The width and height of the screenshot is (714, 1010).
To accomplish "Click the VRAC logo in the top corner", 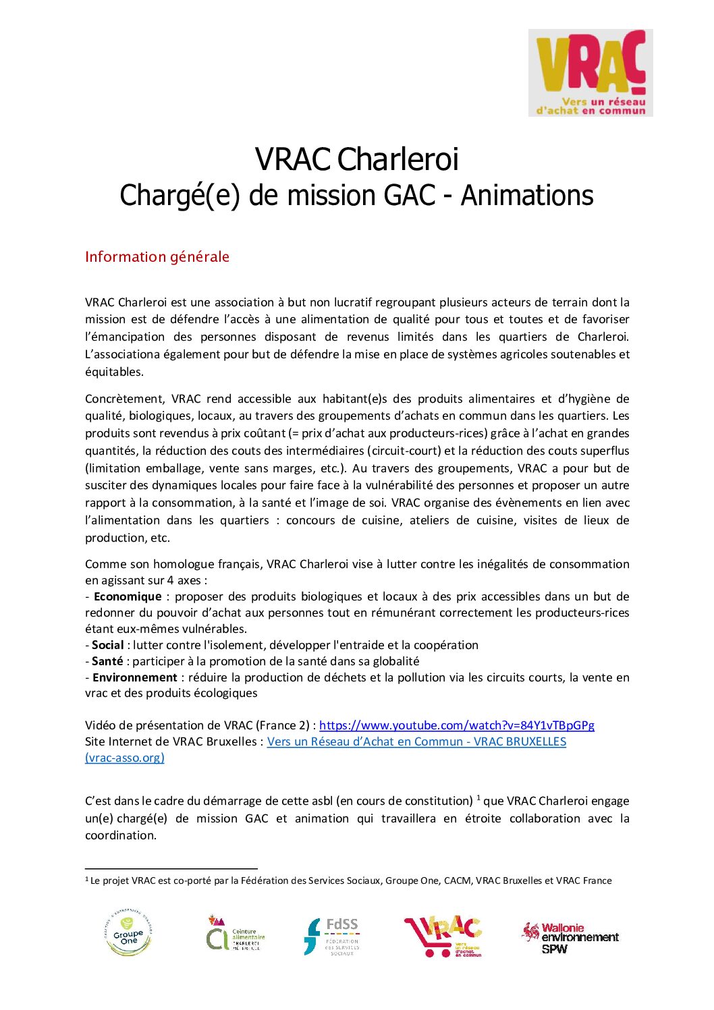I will [x=591, y=73].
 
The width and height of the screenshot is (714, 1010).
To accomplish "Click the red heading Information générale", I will [x=157, y=257].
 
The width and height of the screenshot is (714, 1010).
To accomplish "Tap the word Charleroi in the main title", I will [x=397, y=160].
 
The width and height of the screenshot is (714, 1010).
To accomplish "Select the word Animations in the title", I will [x=527, y=196].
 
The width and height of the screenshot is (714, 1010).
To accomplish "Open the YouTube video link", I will [x=456, y=725].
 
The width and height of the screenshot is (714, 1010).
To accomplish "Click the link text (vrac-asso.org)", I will [x=125, y=758].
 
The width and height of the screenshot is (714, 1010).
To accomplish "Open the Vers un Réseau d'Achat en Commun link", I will [x=416, y=741].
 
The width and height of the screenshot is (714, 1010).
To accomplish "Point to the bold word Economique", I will [x=128, y=596].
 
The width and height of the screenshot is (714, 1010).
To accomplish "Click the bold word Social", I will [x=108, y=645].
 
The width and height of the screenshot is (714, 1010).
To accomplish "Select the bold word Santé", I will [x=108, y=661].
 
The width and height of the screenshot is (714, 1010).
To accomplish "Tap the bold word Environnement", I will [x=135, y=677].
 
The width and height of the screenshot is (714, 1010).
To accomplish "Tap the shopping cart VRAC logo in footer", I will [x=443, y=936].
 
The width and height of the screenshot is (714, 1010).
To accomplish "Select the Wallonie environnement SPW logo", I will [x=570, y=938].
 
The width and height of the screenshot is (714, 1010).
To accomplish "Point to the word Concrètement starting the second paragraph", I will [x=125, y=399].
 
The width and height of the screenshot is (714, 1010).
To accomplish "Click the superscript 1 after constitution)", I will [x=478, y=797].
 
